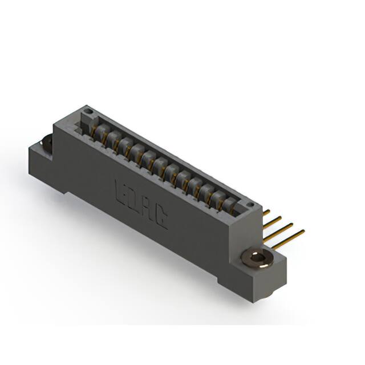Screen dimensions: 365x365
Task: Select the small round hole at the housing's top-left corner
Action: [87, 110]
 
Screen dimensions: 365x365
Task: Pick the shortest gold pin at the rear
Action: [266, 212]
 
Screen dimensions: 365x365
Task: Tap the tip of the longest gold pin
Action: [302, 231]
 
